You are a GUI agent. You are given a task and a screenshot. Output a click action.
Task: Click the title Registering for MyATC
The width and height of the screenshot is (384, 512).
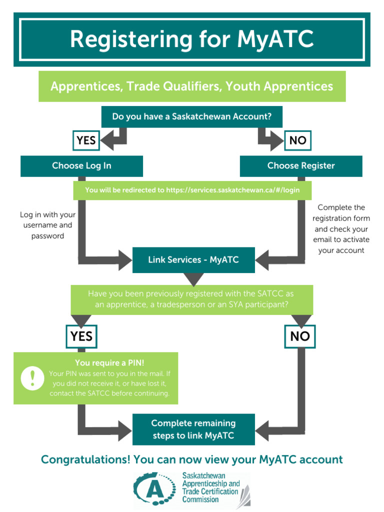(192, 39)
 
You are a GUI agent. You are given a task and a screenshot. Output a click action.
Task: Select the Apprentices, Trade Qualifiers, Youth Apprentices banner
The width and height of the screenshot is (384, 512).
(192, 86)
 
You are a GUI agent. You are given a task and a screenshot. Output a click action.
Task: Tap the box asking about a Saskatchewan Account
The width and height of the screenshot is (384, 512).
(192, 116)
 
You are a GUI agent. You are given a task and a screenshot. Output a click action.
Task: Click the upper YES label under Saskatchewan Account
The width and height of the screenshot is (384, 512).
(86, 140)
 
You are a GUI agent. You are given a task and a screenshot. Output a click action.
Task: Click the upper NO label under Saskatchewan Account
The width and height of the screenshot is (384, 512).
(297, 140)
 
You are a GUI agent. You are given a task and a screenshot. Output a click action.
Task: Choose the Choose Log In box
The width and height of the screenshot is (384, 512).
(81, 165)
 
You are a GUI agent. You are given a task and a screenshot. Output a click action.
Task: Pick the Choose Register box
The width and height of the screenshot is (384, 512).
(301, 165)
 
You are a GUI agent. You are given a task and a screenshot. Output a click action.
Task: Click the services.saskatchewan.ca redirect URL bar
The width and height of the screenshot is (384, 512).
(192, 190)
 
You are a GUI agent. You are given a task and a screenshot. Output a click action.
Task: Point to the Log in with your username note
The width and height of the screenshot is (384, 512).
(47, 225)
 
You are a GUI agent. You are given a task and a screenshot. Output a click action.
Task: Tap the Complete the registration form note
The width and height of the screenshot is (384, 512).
(341, 228)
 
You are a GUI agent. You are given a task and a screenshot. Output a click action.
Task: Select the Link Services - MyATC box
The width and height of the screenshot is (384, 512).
(193, 260)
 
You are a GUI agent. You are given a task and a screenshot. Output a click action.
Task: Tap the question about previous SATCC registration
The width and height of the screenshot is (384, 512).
(192, 298)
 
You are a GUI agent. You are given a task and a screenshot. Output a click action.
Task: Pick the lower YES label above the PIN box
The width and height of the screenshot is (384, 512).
(81, 336)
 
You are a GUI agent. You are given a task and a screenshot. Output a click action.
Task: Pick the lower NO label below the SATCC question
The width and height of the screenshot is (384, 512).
(300, 336)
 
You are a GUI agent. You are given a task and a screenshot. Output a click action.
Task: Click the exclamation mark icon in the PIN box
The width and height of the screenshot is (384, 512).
(32, 378)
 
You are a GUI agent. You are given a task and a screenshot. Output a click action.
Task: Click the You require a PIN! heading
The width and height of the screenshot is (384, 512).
(106, 363)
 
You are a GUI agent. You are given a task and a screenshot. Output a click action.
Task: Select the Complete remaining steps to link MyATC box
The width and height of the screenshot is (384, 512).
(193, 429)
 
